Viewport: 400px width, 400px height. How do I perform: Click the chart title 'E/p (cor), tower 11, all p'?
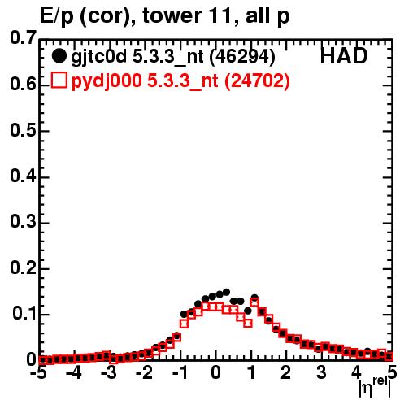coord(165,16)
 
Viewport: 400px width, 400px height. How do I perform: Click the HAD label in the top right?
coord(344,56)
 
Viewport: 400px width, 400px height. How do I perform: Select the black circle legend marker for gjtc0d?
coord(59,56)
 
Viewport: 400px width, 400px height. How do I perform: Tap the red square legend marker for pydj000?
coord(59,80)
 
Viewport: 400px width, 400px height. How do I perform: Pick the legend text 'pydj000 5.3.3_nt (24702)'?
coord(180,81)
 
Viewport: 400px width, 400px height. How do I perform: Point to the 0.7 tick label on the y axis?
coord(24,37)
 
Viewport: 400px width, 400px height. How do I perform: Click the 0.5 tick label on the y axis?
coord(24,130)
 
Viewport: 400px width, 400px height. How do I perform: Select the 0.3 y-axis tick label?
coord(24,221)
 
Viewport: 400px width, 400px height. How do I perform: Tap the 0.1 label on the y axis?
coord(24,313)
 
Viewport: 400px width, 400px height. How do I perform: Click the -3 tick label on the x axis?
coord(109,372)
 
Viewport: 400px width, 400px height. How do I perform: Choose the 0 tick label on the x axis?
coord(215,372)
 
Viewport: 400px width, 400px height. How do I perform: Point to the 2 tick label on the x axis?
coord(285,372)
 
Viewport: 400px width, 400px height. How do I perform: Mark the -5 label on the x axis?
coord(39,372)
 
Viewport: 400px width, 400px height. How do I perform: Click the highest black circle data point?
coord(226,292)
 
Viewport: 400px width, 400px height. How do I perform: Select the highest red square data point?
coord(254,302)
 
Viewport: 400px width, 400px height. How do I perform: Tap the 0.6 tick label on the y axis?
coord(24,84)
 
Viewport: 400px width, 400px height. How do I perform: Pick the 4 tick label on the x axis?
coord(356,372)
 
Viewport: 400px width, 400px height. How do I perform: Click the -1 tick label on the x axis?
coord(180,372)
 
